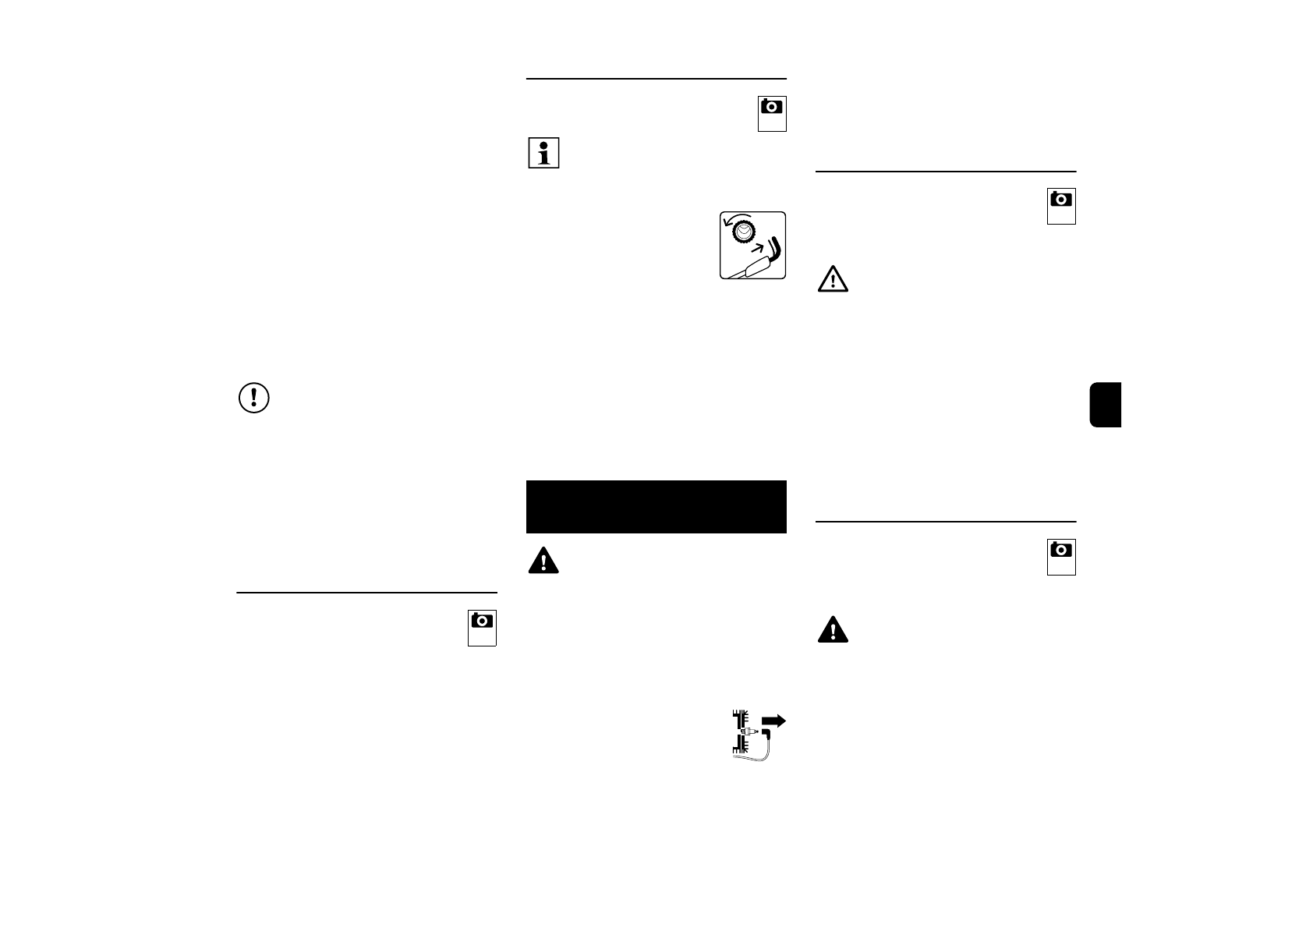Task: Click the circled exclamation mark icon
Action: click(253, 398)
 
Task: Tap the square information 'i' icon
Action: click(543, 153)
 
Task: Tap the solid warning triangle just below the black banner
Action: click(543, 561)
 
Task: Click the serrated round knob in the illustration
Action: click(743, 232)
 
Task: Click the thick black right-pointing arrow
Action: click(773, 721)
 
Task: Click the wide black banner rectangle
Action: click(656, 507)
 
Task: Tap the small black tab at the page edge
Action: click(1106, 405)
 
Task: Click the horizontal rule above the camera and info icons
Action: click(656, 79)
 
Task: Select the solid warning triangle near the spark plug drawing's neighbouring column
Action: click(833, 629)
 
